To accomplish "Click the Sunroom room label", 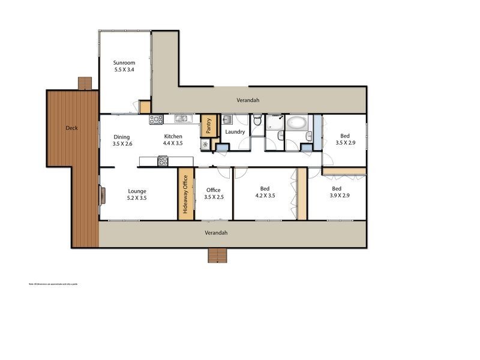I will pos(124,62).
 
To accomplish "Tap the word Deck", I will pos(72,128).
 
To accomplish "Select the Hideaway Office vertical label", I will pos(185,194).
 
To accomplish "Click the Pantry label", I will pos(208,126).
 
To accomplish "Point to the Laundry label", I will pos(235,132).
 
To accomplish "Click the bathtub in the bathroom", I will pos(296,124).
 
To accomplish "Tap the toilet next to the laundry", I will pos(257,121).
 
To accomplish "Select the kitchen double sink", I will pos(182,118).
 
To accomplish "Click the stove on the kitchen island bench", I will pos(163,161).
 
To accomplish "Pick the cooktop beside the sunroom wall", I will pos(156,119).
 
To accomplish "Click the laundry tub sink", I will pos(227,119).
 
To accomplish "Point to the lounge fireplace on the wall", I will pos(103,195).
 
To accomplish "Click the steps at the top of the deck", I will pos(85,83).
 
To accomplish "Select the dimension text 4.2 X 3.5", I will pos(265,196).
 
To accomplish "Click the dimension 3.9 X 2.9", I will pos(341,196).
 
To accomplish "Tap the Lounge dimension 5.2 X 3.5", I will pos(137,197).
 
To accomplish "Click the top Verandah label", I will pos(248,101).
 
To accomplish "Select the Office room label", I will pos(213,190).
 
